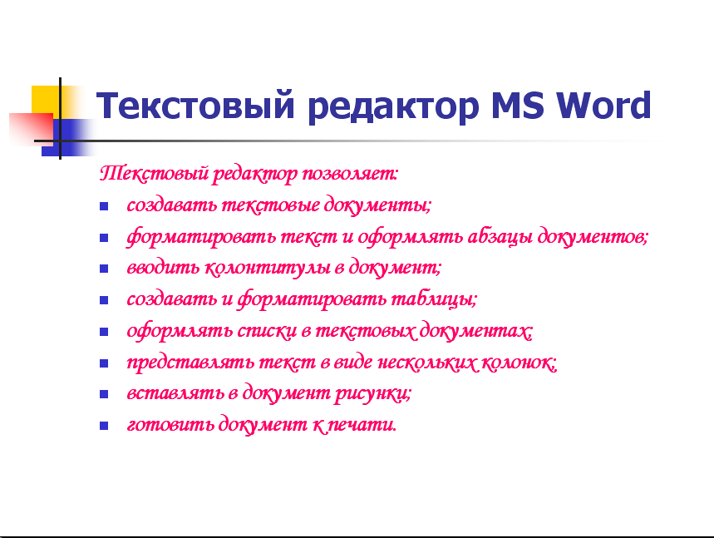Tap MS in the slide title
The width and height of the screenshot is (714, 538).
coord(517,106)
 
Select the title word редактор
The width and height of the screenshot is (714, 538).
coord(393,107)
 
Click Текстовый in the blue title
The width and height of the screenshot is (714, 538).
coord(195,106)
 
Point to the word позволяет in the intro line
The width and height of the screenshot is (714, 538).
coord(350,174)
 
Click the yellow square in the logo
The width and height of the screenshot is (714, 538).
coord(46,101)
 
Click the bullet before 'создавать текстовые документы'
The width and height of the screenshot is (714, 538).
coord(104,206)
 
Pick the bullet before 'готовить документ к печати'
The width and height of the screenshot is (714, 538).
coord(104,426)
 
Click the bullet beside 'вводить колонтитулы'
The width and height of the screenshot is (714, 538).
coord(104,269)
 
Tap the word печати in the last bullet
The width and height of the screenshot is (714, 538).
coord(362,425)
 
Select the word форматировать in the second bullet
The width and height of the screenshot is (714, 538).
coord(201,237)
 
